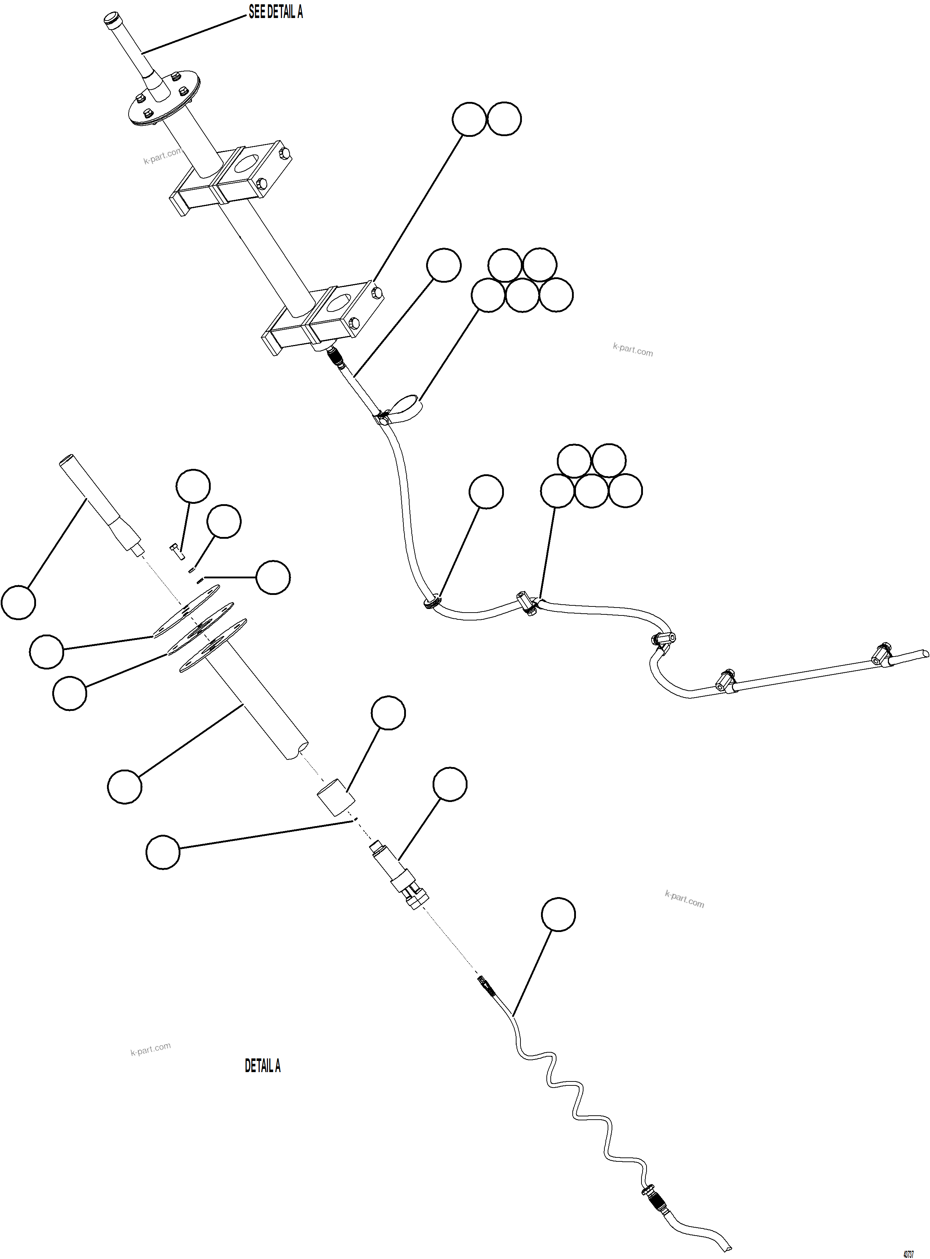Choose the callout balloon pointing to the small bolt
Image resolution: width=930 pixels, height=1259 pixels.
[193, 486]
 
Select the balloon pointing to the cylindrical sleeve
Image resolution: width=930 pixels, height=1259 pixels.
[388, 713]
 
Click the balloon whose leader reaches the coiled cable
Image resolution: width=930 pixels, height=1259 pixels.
[558, 914]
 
